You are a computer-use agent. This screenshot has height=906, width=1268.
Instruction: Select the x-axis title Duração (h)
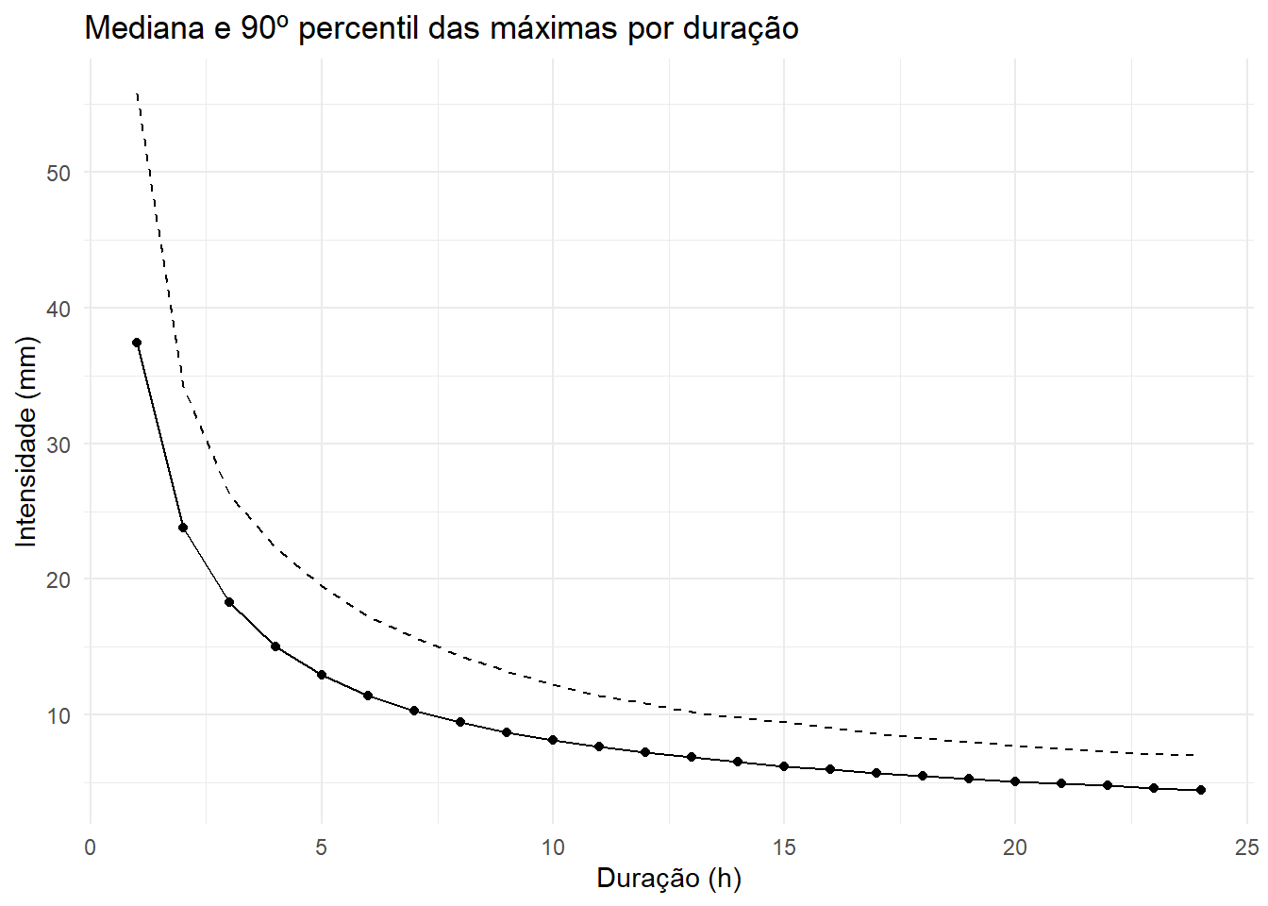click(x=669, y=878)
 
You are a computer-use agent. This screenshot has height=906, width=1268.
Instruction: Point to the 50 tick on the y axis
click(x=58, y=173)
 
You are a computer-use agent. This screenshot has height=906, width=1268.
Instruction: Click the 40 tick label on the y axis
click(x=58, y=309)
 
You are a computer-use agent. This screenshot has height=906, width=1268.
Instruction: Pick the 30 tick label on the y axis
click(x=58, y=445)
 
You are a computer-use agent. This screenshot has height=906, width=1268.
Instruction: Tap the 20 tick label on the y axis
click(x=58, y=579)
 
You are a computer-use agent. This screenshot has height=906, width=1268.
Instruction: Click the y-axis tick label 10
click(x=58, y=715)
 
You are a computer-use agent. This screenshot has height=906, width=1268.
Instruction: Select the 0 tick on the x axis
click(x=91, y=847)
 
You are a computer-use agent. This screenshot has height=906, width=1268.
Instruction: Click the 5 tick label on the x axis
click(x=322, y=847)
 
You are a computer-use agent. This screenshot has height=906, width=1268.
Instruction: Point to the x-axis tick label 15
click(x=784, y=847)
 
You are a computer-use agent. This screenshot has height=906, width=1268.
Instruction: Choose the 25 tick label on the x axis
click(x=1246, y=847)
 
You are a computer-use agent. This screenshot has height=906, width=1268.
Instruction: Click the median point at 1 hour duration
click(x=137, y=343)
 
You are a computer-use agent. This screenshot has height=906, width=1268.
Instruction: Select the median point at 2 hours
click(x=183, y=528)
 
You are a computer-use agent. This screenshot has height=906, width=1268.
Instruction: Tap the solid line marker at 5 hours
click(x=322, y=675)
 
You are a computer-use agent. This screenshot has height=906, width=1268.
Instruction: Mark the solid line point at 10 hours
click(x=553, y=740)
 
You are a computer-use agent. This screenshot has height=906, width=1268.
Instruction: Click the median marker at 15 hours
click(x=784, y=766)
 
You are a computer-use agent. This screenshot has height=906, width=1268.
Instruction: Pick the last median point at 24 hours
click(x=1200, y=790)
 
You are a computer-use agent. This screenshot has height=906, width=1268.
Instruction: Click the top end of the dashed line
click(x=138, y=94)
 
